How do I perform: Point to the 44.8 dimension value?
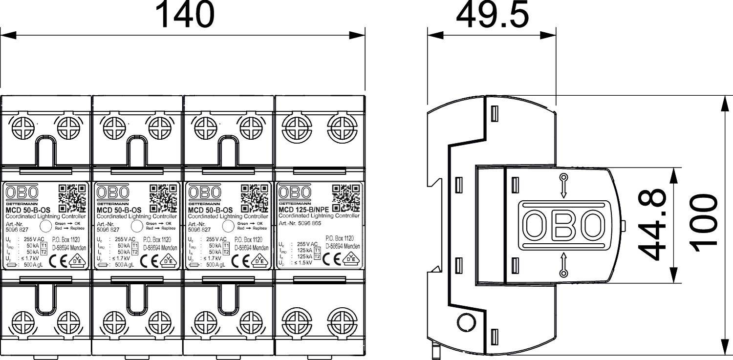click(x=654, y=224)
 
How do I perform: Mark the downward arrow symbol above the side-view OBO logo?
click(x=563, y=186)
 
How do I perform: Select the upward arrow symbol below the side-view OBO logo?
click(x=563, y=264)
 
